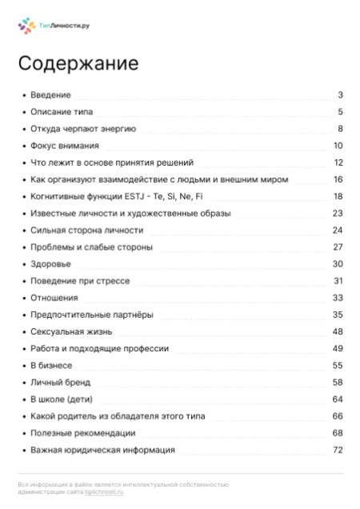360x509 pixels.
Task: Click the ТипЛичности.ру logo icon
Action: click(26, 26)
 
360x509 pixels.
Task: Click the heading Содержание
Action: click(78, 64)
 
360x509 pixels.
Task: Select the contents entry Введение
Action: click(50, 95)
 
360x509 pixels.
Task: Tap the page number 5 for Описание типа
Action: click(340, 112)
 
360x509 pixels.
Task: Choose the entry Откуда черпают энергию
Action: click(83, 129)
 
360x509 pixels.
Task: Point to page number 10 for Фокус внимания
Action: click(338, 146)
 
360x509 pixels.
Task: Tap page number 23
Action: click(338, 213)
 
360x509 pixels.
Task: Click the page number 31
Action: click(338, 281)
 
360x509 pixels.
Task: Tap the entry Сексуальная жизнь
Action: click(71, 331)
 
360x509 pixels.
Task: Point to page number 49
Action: click(338, 348)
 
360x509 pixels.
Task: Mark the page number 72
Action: click(338, 451)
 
